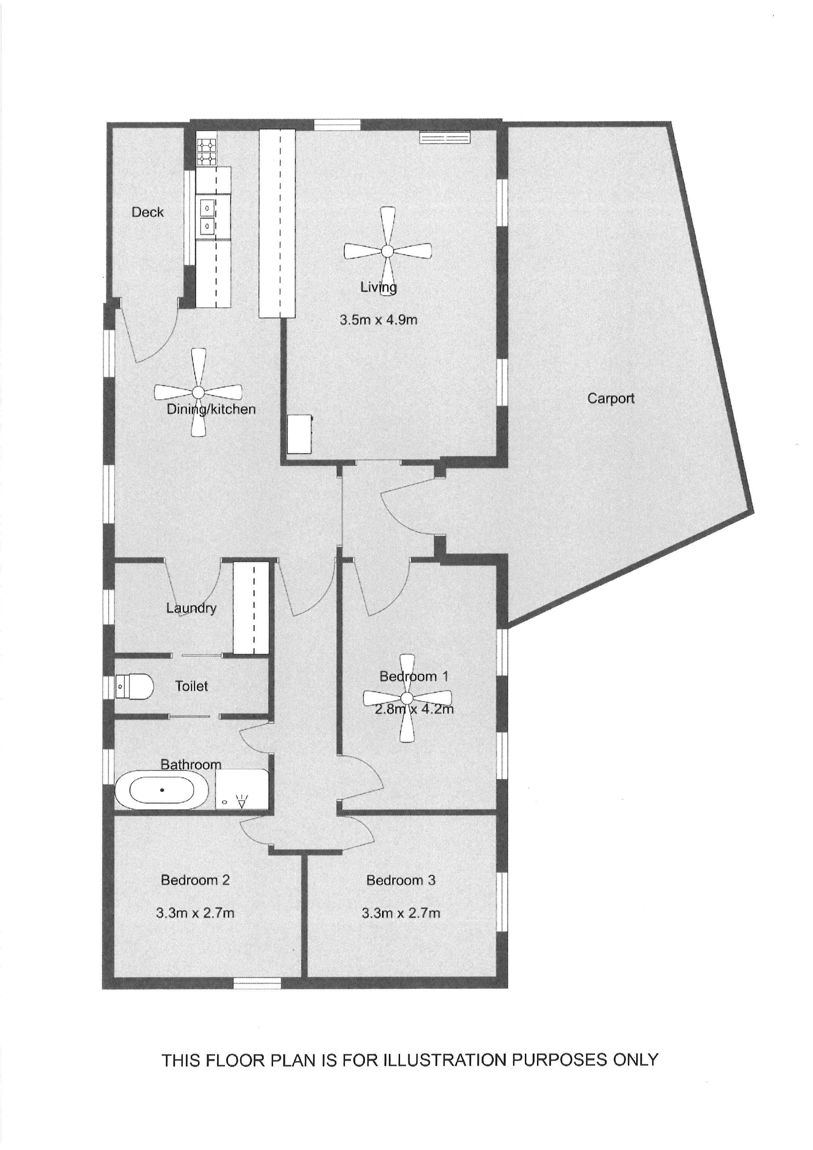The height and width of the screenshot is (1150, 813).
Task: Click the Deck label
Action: (148, 212)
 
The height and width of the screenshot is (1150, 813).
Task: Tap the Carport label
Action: (611, 399)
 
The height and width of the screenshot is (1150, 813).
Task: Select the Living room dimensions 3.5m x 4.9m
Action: (378, 320)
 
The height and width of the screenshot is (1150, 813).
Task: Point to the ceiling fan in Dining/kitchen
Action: (198, 392)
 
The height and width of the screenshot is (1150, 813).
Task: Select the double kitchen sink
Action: (206, 216)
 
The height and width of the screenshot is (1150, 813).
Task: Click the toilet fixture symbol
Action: (134, 686)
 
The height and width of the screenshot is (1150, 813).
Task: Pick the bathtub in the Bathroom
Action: (162, 790)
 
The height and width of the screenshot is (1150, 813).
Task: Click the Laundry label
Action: (191, 608)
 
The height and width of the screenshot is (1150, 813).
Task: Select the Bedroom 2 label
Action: (195, 880)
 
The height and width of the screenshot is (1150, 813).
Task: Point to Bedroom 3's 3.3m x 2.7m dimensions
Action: (401, 913)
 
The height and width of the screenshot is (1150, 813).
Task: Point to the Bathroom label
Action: (191, 764)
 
